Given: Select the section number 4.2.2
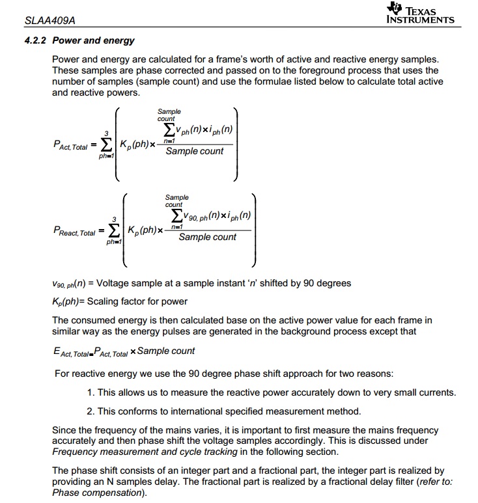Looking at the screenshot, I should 36,40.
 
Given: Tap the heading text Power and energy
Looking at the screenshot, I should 93,40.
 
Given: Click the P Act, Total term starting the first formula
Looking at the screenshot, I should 70,146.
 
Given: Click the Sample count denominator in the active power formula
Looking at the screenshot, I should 194,152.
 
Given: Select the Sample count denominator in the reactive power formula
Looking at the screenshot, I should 207,238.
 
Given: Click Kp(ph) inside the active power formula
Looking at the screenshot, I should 134,144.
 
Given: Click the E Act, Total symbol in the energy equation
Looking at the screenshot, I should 73,352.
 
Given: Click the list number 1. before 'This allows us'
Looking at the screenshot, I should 91,392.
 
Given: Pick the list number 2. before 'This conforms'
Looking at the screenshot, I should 91,411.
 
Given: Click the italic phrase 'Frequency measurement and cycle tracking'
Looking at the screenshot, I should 145,452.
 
